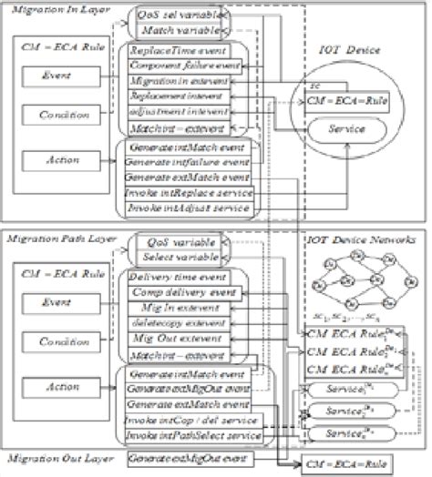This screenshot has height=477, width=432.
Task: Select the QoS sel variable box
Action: pyautogui.click(x=180, y=16)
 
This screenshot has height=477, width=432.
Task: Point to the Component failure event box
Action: pyautogui.click(x=185, y=67)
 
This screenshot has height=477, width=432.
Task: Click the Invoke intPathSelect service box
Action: pyautogui.click(x=192, y=438)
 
